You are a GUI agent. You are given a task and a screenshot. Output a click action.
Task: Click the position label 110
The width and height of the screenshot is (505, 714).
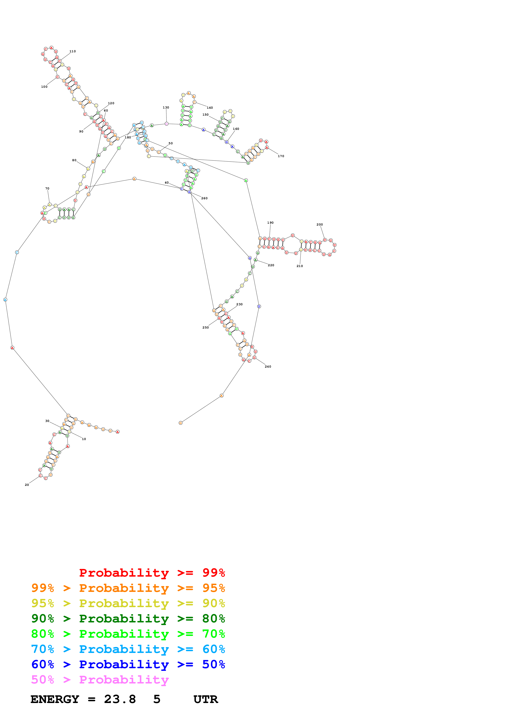coord(73,51)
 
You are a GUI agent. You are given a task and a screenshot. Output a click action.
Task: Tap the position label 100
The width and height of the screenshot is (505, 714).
coord(44,87)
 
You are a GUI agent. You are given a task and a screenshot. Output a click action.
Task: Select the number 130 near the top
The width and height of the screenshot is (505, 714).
coord(166,108)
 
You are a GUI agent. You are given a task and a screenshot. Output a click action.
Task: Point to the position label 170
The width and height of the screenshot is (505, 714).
coord(281,156)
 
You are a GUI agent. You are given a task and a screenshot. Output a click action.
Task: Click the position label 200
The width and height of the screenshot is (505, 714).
coord(320,224)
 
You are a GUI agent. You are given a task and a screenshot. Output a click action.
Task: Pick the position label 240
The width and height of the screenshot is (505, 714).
coord(268,367)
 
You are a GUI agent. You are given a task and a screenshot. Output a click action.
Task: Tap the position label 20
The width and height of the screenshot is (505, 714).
coord(27,485)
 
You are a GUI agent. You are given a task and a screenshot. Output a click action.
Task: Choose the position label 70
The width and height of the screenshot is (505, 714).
coord(47,188)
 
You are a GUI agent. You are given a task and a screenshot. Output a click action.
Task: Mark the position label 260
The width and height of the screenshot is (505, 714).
coord(205,198)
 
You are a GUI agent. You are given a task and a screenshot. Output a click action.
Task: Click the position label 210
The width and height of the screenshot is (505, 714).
coord(300,266)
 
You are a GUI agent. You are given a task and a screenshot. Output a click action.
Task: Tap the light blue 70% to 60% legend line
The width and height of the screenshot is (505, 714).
coord(128,649)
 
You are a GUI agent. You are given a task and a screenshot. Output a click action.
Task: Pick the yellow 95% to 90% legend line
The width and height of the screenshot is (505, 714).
coord(128,603)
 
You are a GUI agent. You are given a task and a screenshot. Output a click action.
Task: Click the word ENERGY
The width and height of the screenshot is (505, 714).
coord(55,699)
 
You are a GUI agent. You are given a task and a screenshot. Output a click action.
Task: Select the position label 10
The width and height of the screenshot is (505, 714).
coord(84,439)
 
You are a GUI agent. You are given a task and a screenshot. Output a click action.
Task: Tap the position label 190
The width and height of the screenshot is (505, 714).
coord(270,223)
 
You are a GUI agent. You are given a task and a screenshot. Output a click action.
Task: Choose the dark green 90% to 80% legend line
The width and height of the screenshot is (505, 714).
coord(128,619)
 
